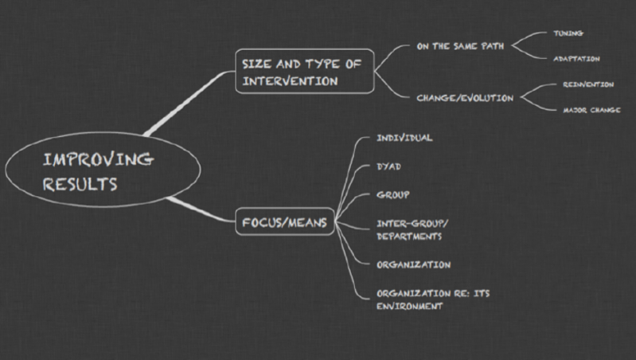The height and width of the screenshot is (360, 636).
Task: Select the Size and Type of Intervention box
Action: [302, 72]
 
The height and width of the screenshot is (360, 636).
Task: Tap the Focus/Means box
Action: [284, 223]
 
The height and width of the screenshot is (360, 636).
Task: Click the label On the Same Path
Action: [460, 46]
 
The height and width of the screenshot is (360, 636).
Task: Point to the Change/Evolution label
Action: [465, 98]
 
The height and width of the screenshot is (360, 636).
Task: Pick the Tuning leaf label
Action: [568, 33]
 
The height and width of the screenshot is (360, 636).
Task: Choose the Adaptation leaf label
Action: [576, 58]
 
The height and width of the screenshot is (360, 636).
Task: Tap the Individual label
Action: [404, 138]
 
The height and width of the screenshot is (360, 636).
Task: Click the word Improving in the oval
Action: [98, 160]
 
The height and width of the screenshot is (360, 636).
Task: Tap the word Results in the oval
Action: [80, 184]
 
